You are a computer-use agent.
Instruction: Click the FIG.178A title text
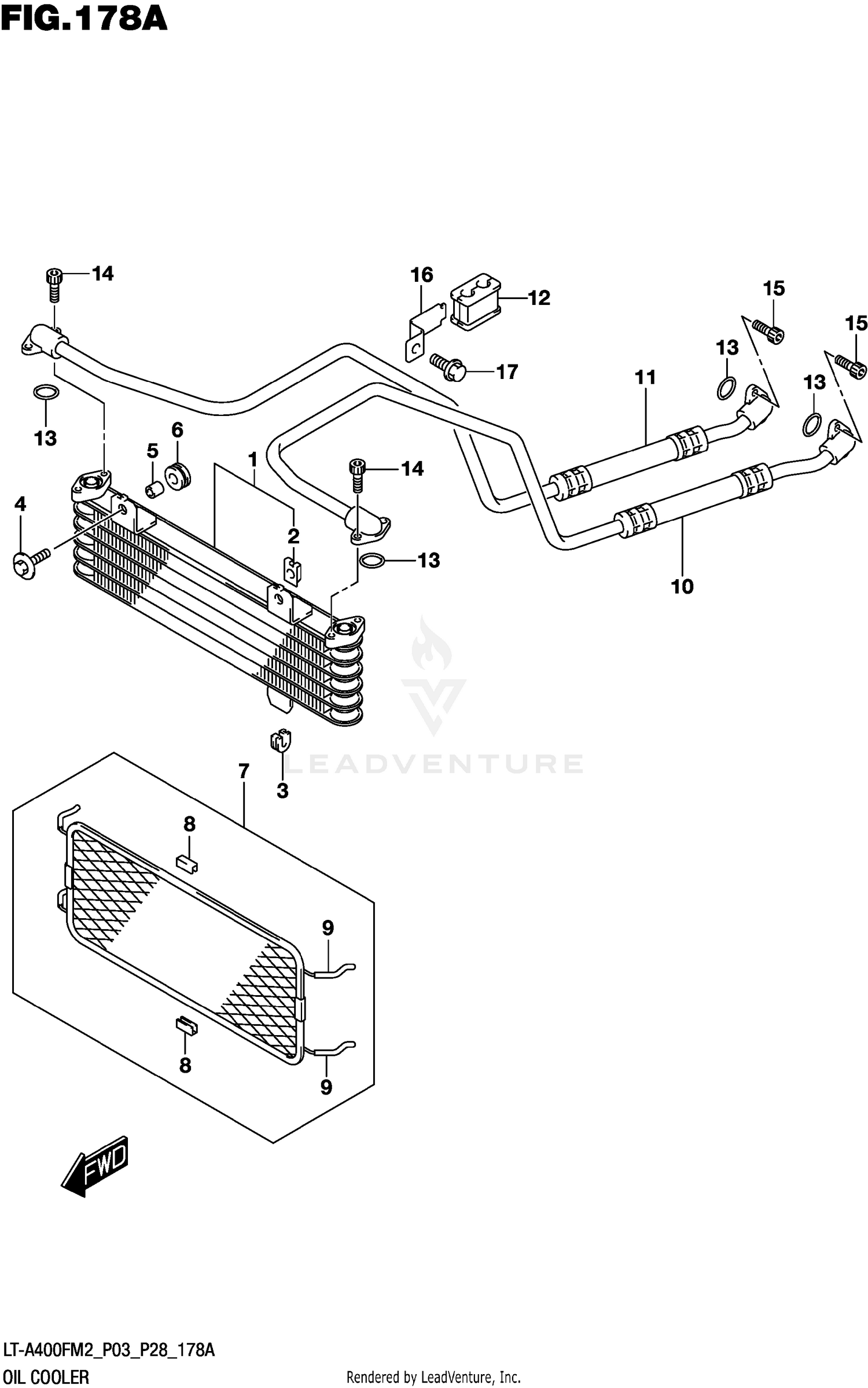(x=84, y=20)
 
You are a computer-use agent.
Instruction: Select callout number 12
(x=539, y=298)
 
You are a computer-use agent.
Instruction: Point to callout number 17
(x=507, y=372)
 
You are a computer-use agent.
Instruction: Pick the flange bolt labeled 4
(x=30, y=561)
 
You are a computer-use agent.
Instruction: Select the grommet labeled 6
(x=178, y=476)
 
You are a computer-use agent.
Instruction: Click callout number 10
(x=682, y=587)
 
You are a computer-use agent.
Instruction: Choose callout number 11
(x=645, y=378)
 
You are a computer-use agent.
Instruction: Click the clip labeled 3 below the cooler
(x=280, y=741)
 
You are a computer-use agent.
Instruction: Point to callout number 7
(x=244, y=771)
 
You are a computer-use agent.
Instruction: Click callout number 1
(x=252, y=461)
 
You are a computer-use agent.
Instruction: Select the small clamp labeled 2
(x=293, y=570)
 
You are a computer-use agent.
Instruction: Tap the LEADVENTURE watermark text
(x=433, y=764)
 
